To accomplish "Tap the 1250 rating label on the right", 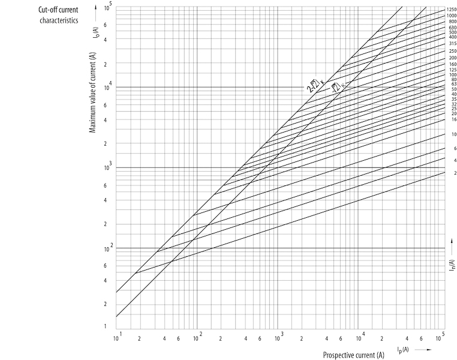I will tap(452, 10).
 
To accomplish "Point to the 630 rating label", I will tap(452, 27).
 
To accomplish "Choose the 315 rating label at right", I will tap(452, 44).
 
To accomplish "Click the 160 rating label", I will tap(452, 64).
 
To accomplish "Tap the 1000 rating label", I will tap(452, 16).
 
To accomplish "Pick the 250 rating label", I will tap(452, 51).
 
